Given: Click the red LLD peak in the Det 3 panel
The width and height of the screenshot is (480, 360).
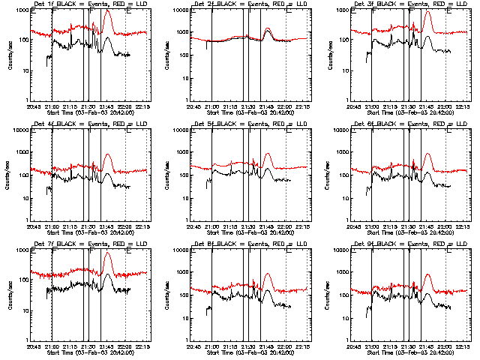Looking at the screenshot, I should coord(427,12).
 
